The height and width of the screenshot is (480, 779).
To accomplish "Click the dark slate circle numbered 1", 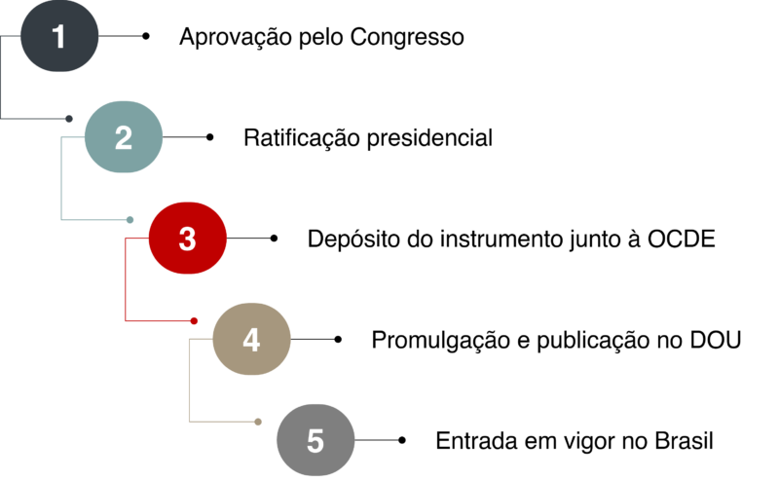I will [x=59, y=36].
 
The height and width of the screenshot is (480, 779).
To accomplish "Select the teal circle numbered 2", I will [x=124, y=137].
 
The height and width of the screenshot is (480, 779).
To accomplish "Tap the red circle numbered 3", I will [x=188, y=239].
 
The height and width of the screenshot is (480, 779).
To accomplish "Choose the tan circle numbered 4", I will [x=251, y=339].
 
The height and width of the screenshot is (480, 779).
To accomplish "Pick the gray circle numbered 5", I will [x=315, y=440].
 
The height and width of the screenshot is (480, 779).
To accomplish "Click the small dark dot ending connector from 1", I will [x=69, y=118].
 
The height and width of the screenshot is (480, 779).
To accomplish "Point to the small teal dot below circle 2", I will [x=130, y=219].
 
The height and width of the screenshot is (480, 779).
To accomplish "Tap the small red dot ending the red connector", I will [x=194, y=320].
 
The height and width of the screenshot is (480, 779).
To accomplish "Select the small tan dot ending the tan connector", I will [x=258, y=422].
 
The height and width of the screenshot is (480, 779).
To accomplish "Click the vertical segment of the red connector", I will [x=126, y=279].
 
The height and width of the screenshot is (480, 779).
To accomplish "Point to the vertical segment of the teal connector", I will [x=61, y=179].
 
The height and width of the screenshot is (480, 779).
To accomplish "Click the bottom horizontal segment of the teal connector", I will [x=94, y=220].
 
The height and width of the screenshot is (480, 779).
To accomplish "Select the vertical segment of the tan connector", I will [x=189, y=380].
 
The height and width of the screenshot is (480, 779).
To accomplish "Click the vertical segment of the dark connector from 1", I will [x=1, y=78].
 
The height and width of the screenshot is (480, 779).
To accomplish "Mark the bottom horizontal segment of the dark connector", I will [x=34, y=118].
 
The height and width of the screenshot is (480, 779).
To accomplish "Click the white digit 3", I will [x=188, y=239].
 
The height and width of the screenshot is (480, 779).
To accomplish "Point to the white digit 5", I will [x=315, y=440].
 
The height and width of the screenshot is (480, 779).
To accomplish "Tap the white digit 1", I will [x=59, y=37].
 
